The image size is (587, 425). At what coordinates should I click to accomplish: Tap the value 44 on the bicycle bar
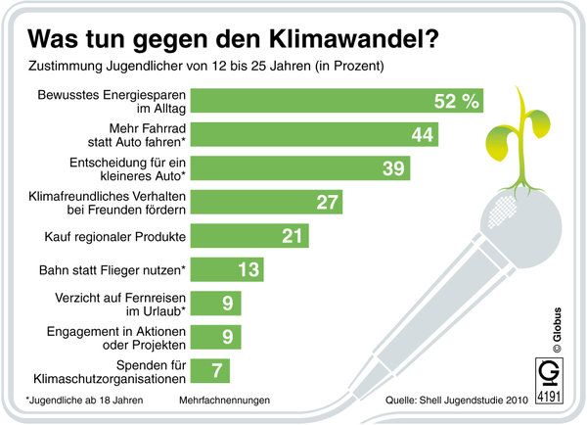[x=422, y=135]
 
